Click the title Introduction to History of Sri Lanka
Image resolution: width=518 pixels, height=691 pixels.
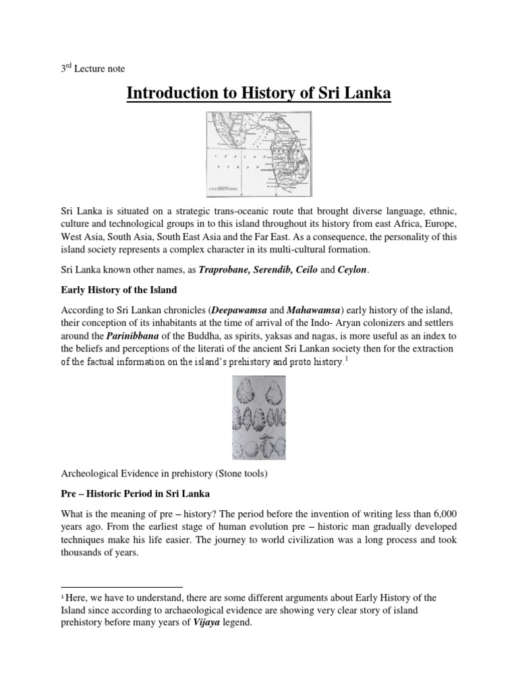pyautogui.click(x=259, y=92)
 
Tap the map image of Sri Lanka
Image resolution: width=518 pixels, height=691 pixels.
pyautogui.click(x=259, y=153)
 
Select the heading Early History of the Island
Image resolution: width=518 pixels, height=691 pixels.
pyautogui.click(x=119, y=290)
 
